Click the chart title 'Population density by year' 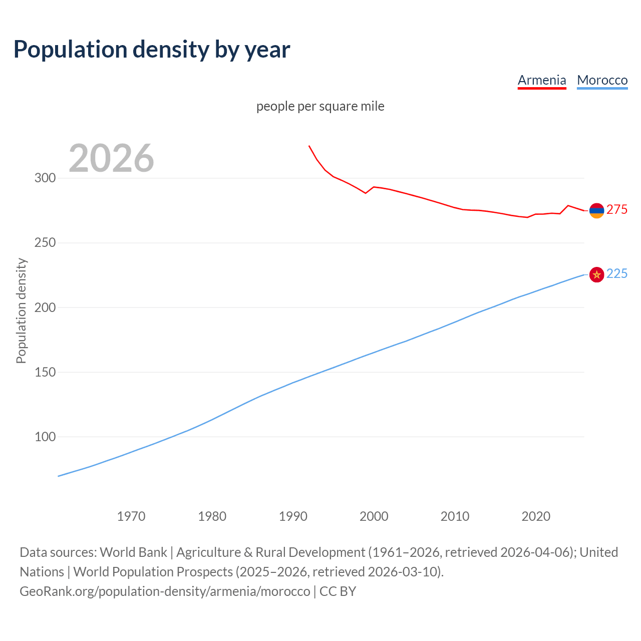point(152,50)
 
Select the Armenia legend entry point(541,80)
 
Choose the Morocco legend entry point(602,80)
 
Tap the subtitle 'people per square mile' point(320,106)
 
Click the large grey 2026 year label point(111,158)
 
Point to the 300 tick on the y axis point(45,178)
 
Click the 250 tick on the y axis point(45,243)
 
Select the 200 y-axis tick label point(45,307)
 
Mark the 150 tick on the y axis point(45,372)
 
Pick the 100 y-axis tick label point(45,437)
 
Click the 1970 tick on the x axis point(131,516)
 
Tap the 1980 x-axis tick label point(212,516)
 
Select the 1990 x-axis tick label point(293,516)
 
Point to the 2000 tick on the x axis point(374,516)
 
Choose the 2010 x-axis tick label point(455,516)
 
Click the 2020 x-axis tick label point(536,516)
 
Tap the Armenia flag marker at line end point(596,211)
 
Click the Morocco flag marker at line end point(596,274)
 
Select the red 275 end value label point(617,210)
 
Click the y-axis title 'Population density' point(21,310)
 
